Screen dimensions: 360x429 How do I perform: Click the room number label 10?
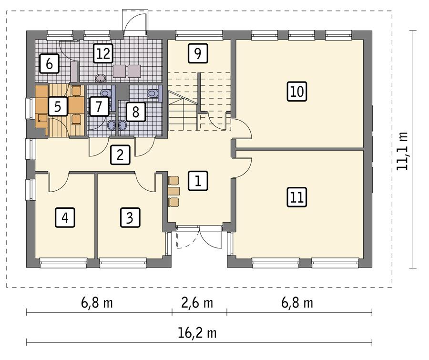(296, 91)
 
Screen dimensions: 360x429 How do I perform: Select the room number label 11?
(296, 197)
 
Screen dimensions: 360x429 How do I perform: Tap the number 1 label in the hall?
(197, 180)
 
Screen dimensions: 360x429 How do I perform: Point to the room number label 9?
(197, 53)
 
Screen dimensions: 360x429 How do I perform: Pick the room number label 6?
(49, 63)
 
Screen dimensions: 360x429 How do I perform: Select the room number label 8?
(135, 113)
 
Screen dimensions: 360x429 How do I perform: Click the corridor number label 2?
(120, 155)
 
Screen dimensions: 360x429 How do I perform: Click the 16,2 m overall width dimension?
(199, 332)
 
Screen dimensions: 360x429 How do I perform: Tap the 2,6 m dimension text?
(199, 303)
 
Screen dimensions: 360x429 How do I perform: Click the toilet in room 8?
(152, 93)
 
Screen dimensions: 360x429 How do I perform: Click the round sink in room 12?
(101, 76)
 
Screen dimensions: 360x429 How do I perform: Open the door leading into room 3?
(145, 181)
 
